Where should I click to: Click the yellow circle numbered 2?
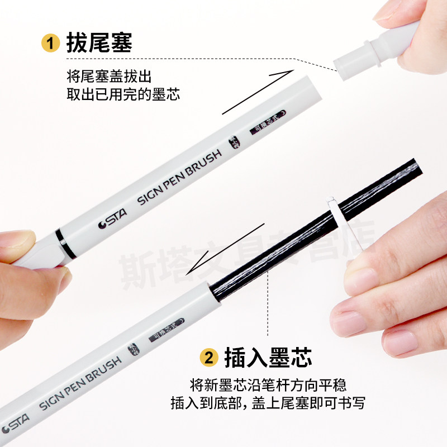click(x=208, y=357)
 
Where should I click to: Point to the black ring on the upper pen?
click(x=66, y=245)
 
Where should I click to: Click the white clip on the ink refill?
click(x=339, y=218)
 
